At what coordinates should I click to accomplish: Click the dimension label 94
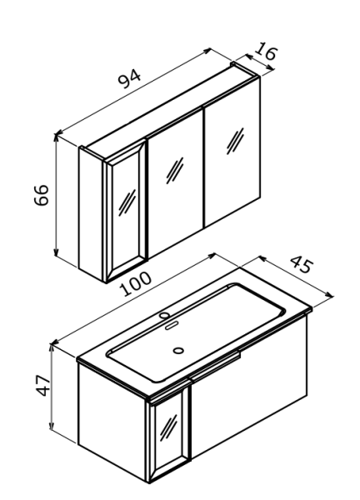tap(129, 78)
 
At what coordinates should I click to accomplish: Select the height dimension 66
tap(42, 195)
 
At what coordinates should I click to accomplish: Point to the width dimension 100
tap(135, 283)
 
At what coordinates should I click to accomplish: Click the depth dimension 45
tap(302, 264)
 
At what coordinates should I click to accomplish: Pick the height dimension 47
tap(43, 386)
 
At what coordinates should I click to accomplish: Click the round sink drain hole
tap(178, 351)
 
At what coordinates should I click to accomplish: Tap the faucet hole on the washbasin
tap(164, 315)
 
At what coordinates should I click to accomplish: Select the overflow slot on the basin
tap(171, 326)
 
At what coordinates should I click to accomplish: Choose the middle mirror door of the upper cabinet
tap(175, 182)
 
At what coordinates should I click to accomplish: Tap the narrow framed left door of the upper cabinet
tap(125, 212)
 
